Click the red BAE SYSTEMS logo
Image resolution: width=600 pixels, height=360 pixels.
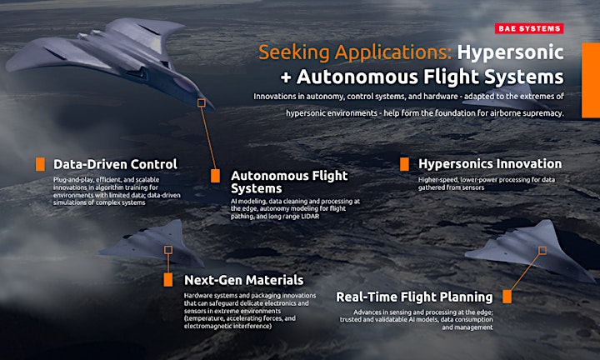(x=529, y=28)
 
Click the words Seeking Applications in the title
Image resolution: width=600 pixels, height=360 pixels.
(x=355, y=52)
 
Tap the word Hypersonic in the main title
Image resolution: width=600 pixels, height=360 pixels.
(x=511, y=52)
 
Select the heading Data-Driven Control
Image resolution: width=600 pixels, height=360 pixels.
(x=115, y=164)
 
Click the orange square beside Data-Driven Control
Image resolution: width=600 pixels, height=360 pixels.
(x=40, y=164)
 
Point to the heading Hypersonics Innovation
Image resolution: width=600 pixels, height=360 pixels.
(x=490, y=163)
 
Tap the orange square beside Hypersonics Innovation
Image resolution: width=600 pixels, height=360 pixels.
(x=404, y=164)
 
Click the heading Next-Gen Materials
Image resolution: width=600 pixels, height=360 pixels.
(x=243, y=280)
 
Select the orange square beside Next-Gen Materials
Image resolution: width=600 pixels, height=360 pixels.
(x=168, y=280)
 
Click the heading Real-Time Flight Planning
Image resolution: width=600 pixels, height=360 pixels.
(x=414, y=297)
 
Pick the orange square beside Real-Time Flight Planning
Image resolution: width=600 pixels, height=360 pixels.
(x=507, y=297)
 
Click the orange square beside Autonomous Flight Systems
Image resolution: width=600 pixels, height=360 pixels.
(x=216, y=176)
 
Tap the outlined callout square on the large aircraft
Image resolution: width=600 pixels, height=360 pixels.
(x=202, y=102)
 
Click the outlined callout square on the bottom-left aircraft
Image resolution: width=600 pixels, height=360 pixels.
(x=168, y=250)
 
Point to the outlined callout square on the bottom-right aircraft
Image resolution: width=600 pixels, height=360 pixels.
(x=542, y=251)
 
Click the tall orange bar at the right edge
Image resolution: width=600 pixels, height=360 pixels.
(x=591, y=80)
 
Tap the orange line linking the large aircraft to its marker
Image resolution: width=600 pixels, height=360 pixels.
(x=209, y=138)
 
